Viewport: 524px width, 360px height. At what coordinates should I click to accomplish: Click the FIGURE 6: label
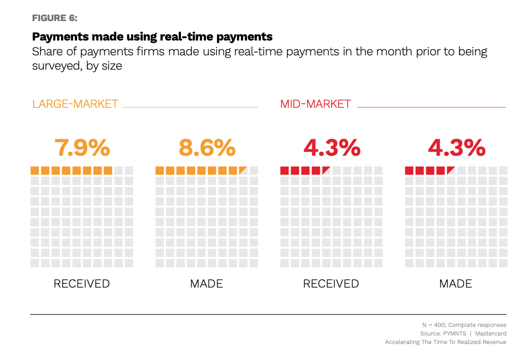[55, 17]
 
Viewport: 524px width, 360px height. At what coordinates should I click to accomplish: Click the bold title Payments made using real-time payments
[152, 37]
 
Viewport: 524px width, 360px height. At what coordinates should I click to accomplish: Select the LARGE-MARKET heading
[75, 104]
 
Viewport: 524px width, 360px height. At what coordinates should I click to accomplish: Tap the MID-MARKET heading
[315, 104]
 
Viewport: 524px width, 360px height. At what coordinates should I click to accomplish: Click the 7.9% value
[82, 148]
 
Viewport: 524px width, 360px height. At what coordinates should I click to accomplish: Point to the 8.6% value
[207, 148]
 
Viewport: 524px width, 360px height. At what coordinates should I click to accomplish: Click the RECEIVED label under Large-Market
[82, 284]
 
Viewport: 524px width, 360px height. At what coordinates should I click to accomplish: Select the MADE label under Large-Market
[206, 284]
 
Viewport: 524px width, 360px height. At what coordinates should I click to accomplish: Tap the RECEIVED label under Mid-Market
[331, 284]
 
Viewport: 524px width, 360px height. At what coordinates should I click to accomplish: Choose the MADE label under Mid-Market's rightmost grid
[456, 284]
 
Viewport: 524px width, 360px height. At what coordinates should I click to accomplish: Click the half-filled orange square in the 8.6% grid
[243, 170]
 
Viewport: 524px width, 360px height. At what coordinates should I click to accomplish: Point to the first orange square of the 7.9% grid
[35, 170]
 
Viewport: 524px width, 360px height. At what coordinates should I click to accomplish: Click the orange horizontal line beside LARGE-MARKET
[190, 107]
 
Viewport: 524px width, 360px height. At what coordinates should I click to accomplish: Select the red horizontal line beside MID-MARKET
[431, 107]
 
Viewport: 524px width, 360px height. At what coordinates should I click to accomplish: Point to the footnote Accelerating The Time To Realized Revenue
[445, 342]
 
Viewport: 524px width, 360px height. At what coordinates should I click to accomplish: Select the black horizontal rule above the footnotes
[268, 314]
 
